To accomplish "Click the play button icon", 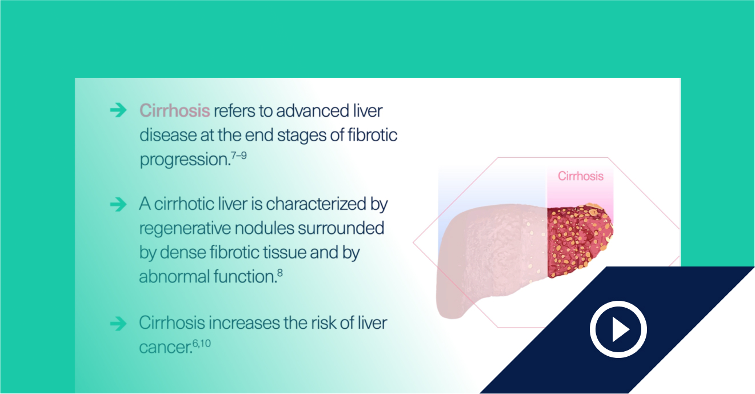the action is click(618, 329).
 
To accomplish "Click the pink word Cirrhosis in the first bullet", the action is click(174, 110).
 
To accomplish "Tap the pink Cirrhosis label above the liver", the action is click(581, 176).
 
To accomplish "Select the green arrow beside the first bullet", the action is click(118, 110).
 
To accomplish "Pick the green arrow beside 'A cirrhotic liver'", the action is click(118, 204).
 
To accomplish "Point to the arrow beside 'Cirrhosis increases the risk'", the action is click(118, 324).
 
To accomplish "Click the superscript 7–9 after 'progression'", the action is click(239, 156).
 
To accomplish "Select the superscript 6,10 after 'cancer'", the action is click(202, 344).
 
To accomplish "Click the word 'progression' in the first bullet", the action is click(185, 160).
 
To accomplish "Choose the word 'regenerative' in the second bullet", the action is click(185, 229).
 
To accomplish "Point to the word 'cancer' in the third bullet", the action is click(166, 348).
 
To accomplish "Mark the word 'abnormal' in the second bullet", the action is click(174, 276).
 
